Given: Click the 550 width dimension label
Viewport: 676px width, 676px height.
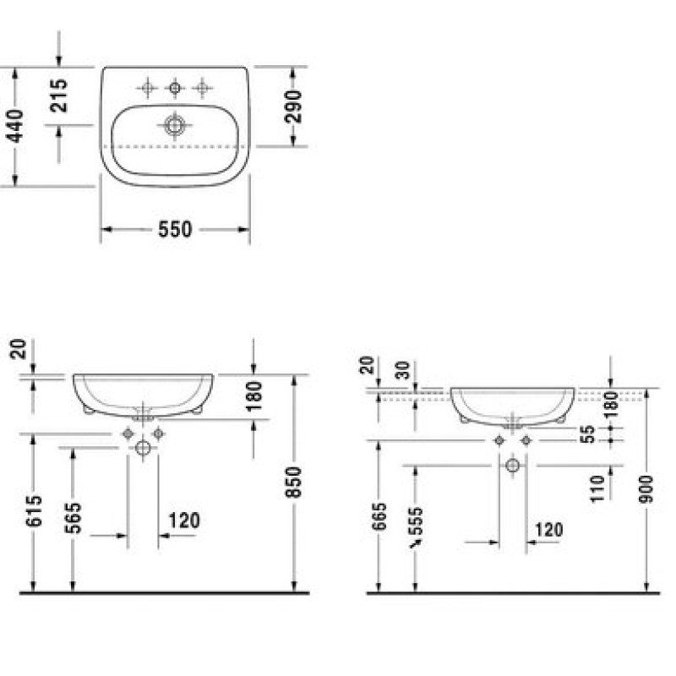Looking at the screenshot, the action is tap(175, 229).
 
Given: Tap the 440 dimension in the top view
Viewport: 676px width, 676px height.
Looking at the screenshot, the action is tap(15, 126).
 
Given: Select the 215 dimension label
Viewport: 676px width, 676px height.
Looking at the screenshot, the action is tap(58, 95).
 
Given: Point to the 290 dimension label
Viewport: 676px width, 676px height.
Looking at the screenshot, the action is tap(293, 106).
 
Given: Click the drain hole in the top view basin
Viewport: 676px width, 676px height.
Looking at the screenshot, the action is tap(175, 125).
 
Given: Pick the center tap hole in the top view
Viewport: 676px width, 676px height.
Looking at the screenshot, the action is tap(175, 89).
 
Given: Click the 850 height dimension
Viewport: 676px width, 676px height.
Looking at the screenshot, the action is tap(293, 482).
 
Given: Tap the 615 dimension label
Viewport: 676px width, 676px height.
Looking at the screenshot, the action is tap(34, 511).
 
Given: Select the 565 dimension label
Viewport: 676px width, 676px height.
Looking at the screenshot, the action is tap(73, 518).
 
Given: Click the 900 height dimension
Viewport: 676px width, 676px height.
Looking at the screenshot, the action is tap(646, 489).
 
